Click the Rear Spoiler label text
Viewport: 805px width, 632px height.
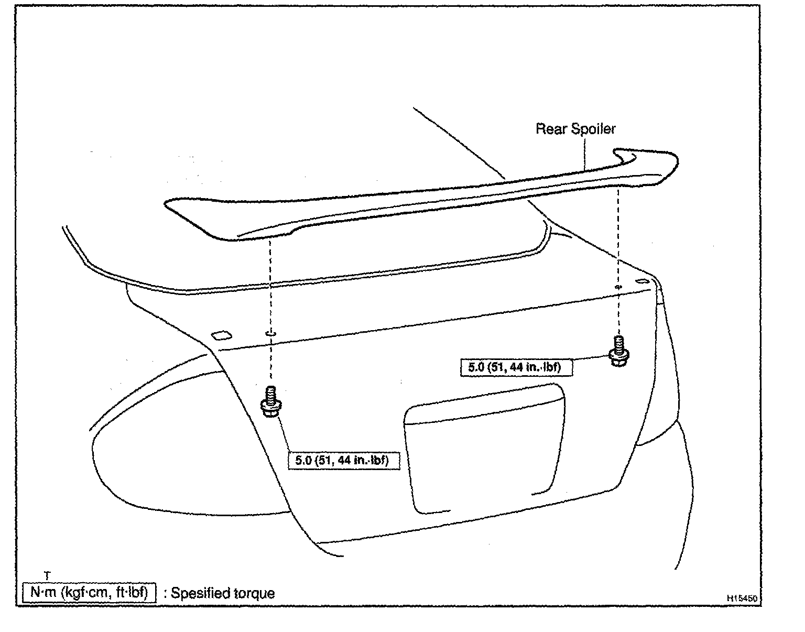pos(575,129)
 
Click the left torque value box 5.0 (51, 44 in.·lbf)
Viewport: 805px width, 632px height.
pos(343,461)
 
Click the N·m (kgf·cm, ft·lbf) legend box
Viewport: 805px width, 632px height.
pos(89,593)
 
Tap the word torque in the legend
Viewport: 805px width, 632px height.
pos(256,594)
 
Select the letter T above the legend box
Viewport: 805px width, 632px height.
pos(47,576)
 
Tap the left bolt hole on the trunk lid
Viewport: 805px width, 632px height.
pos(270,333)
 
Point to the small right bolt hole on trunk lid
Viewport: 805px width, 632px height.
pos(618,287)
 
